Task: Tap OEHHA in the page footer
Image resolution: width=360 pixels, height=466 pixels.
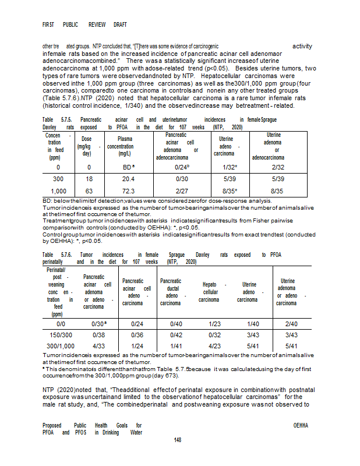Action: point(301,426)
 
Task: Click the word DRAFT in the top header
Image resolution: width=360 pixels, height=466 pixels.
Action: point(120,24)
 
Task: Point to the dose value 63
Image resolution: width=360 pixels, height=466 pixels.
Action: point(87,190)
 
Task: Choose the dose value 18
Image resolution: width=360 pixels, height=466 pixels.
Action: point(87,179)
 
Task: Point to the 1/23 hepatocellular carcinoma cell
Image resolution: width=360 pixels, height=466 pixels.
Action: point(211,323)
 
